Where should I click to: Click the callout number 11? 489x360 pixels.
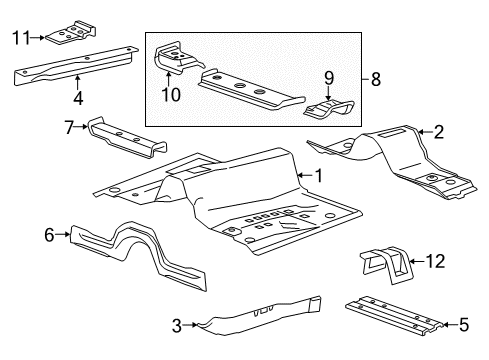point(21,37)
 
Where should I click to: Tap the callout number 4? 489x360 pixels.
point(78,98)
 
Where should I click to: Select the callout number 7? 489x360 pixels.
point(69,127)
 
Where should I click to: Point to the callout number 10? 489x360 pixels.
point(171,94)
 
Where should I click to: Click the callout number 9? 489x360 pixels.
point(329,78)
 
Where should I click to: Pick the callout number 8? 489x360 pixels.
point(376,79)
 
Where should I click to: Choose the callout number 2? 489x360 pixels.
point(439,132)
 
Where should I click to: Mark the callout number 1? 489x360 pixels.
point(319,176)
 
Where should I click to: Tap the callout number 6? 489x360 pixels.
point(49,235)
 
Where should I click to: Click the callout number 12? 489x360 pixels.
point(436,261)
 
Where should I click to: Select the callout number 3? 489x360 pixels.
point(177,325)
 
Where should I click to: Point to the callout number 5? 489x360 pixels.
point(464,324)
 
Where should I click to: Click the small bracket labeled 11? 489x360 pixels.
point(71,34)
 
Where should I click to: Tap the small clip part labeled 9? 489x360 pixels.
point(329,108)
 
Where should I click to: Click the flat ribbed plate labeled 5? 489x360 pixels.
point(394,315)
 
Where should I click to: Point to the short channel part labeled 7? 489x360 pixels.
point(127,138)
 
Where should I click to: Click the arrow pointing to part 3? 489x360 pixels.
point(190,324)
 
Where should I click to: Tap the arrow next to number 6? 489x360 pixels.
point(63,235)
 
